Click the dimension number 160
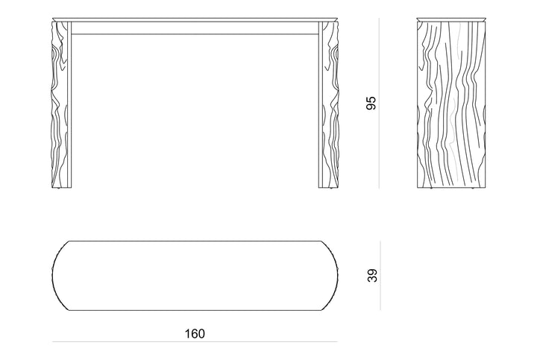pos(195,334)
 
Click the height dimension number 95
pos(371,103)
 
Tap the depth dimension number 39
pos(372,276)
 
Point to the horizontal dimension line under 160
pos(195,341)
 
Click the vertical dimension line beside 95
pos(379,103)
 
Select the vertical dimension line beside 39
pos(380,276)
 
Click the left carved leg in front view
pos(59,104)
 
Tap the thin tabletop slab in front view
pos(195,19)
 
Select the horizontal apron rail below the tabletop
pos(195,28)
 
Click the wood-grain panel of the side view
pos(451,104)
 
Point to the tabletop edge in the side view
pos(451,19)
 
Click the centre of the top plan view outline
pos(195,276)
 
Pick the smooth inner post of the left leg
pos(69,104)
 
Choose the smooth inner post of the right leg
pos(321,104)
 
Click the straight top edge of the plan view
pos(195,241)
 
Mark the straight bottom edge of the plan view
pos(195,310)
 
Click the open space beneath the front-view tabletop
pos(195,111)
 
